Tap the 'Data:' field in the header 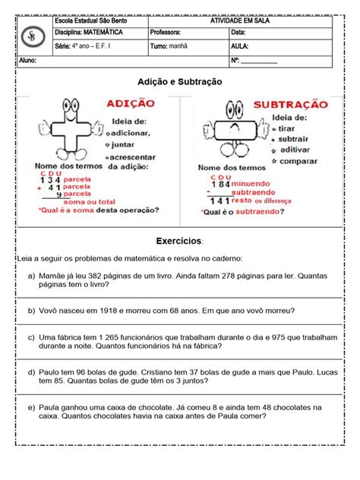(238, 33)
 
